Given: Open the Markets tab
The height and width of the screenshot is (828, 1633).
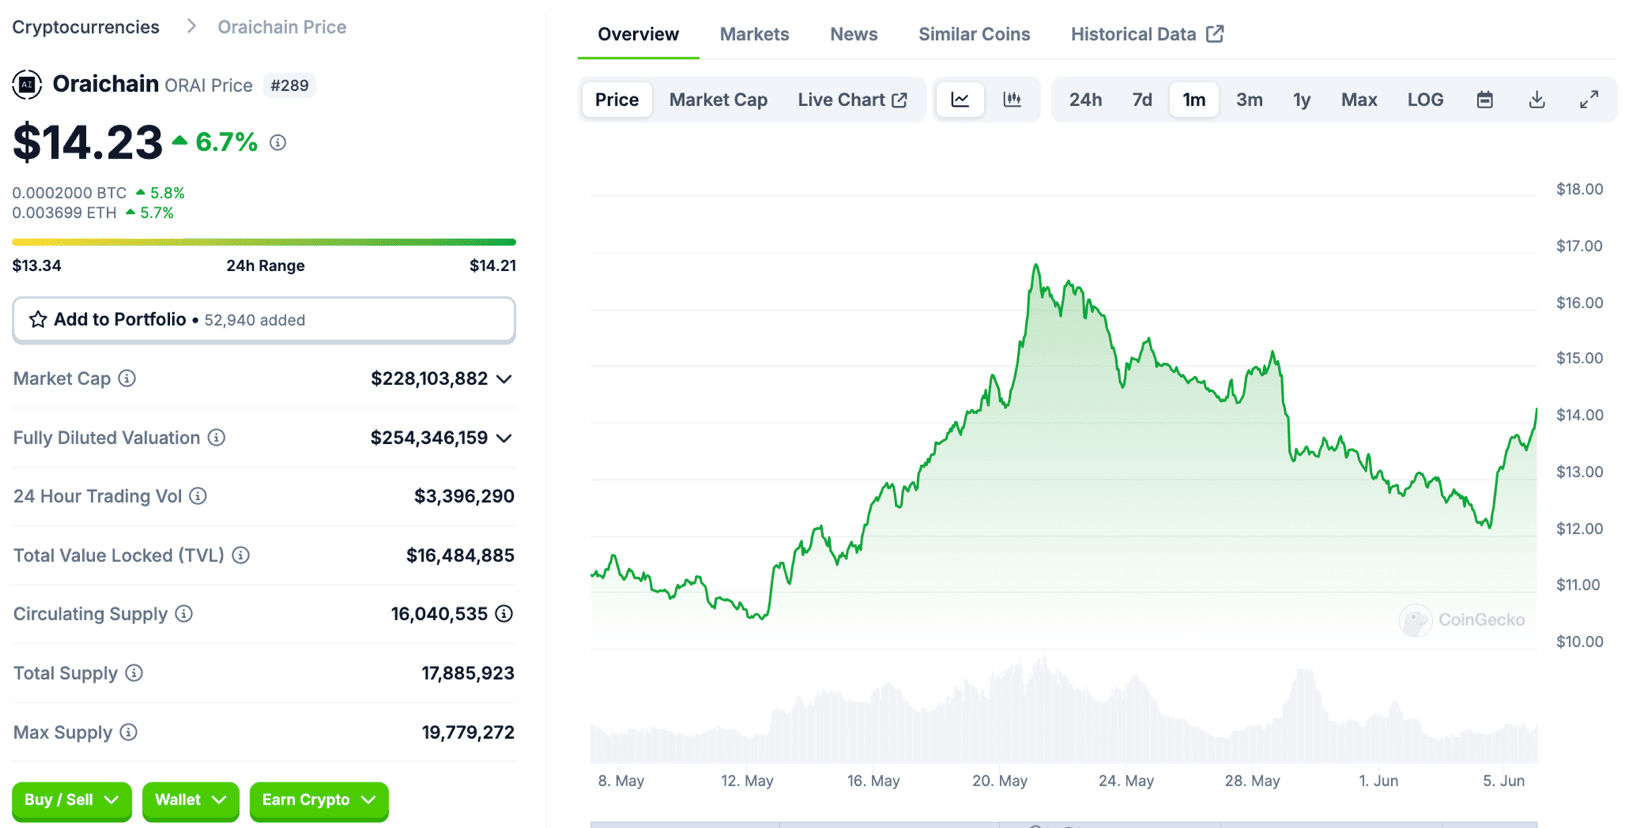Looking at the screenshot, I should tap(754, 34).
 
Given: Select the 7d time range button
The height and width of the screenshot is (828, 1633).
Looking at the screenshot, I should tap(1142, 100).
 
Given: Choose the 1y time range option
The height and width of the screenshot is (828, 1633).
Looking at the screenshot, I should tap(1301, 100).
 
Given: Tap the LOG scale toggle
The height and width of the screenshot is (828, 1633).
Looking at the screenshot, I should tap(1425, 100).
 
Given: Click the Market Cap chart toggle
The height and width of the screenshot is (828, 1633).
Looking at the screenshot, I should tap(718, 100).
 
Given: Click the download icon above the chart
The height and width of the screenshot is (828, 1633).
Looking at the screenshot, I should tap(1537, 100).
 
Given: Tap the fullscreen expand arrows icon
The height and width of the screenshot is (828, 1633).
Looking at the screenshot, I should tap(1589, 100).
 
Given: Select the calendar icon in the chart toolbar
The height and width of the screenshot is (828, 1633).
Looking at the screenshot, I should tap(1485, 100).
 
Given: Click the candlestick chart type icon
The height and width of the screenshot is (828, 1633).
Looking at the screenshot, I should tap(1012, 100).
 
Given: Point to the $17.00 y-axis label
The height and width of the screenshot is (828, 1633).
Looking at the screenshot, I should tap(1579, 246).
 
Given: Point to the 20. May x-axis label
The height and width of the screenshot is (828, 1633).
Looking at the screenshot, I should tap(1000, 781).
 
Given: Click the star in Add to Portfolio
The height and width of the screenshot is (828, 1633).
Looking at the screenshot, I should tap(38, 320).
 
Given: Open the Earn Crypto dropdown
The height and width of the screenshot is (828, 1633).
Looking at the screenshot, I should tap(318, 800).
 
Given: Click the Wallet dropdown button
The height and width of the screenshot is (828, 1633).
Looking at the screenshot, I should tap(190, 800).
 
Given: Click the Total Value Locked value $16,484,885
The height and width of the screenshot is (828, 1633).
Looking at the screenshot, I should tap(460, 556).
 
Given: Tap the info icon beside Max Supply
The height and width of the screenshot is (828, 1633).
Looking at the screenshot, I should tap(129, 733).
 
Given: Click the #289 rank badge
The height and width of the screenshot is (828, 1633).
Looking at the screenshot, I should tap(289, 86).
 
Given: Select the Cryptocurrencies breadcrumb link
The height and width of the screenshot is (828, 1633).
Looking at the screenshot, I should tap(86, 27).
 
